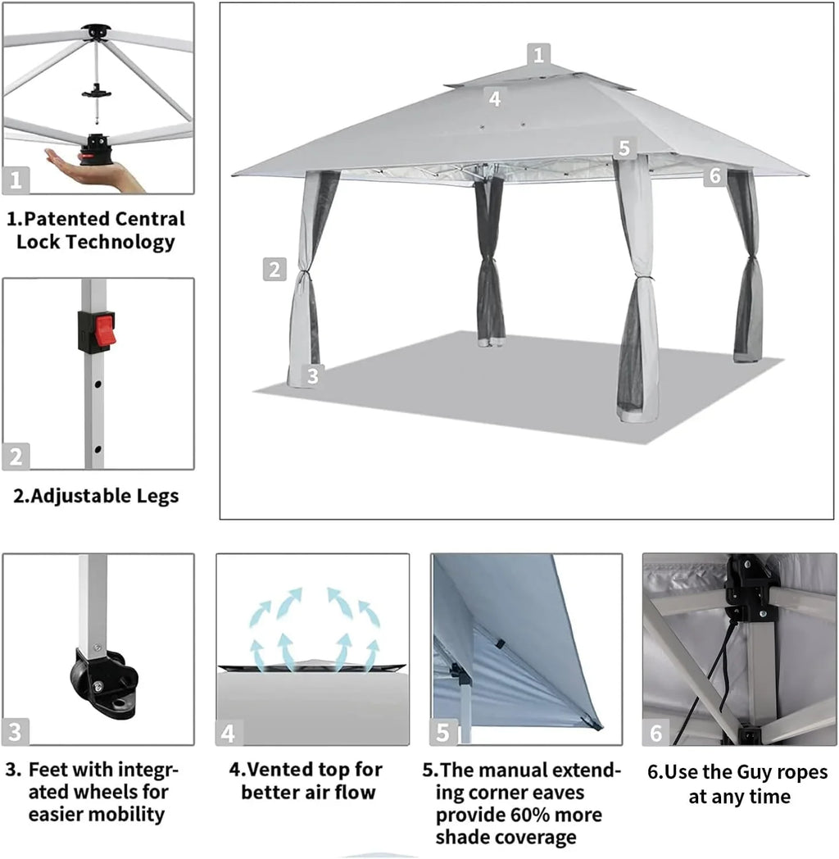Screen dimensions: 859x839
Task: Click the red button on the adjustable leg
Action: click(x=106, y=331)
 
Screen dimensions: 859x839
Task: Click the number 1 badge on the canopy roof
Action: click(x=538, y=55)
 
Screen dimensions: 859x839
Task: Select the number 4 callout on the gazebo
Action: click(x=494, y=98)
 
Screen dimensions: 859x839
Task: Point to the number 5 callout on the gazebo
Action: click(x=624, y=148)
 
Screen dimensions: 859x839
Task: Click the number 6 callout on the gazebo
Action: click(x=714, y=175)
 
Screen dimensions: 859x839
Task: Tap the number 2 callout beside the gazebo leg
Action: click(x=274, y=269)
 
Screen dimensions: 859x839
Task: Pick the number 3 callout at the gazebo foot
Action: click(x=311, y=376)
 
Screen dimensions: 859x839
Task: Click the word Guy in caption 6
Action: click(x=723, y=772)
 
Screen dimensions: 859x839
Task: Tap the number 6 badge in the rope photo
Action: click(x=655, y=733)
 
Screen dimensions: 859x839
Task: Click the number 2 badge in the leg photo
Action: click(x=16, y=457)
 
